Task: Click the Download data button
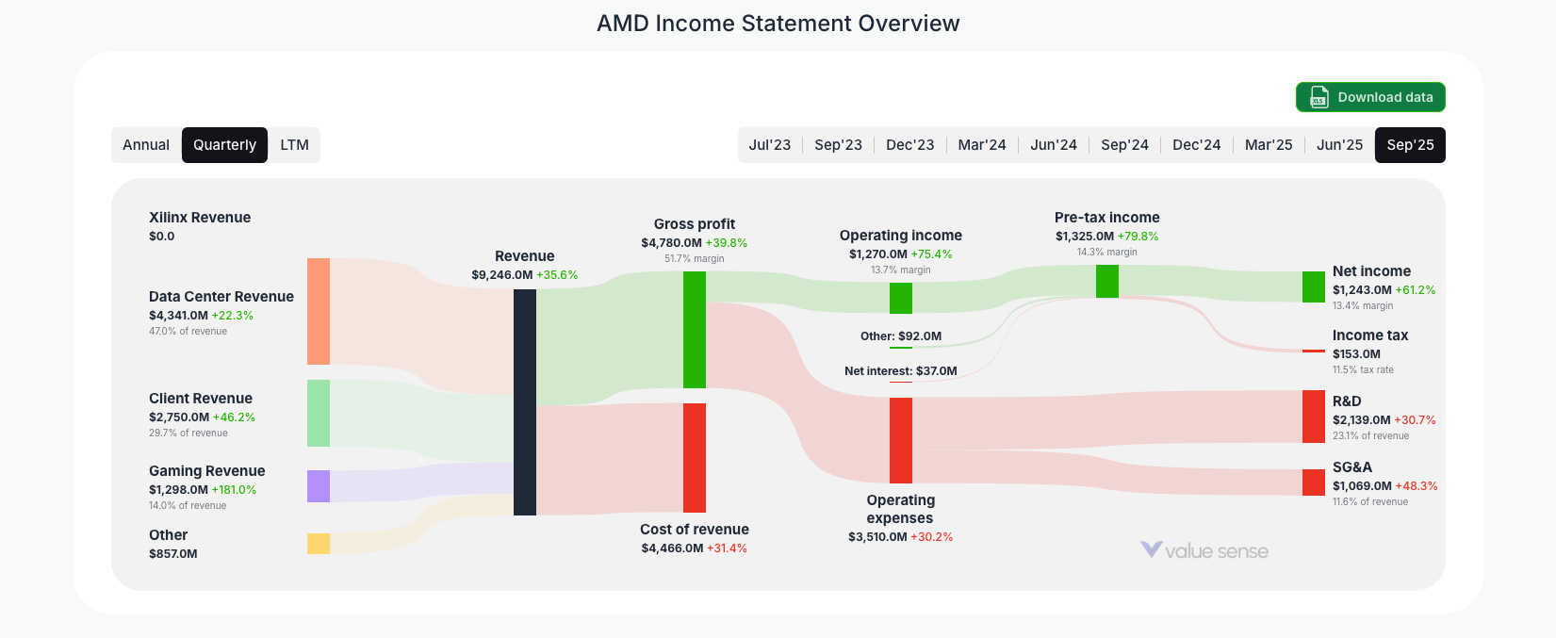click(1370, 97)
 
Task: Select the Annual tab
click(146, 145)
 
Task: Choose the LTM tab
click(294, 145)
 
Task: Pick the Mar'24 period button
click(981, 145)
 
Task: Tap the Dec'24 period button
click(1196, 145)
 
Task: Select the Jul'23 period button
click(769, 145)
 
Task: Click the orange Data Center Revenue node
click(319, 311)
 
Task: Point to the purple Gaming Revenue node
click(319, 486)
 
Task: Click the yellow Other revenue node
click(319, 544)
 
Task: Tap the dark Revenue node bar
click(525, 402)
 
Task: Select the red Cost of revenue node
click(695, 458)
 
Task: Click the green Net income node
click(1314, 286)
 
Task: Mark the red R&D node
click(1314, 417)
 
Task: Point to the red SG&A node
click(1314, 483)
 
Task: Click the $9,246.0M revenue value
click(502, 275)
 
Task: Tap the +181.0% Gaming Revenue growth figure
click(235, 490)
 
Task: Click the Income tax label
click(1369, 335)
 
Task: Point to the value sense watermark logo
click(1204, 551)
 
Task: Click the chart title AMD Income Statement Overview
click(778, 24)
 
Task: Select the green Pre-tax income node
click(1107, 282)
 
